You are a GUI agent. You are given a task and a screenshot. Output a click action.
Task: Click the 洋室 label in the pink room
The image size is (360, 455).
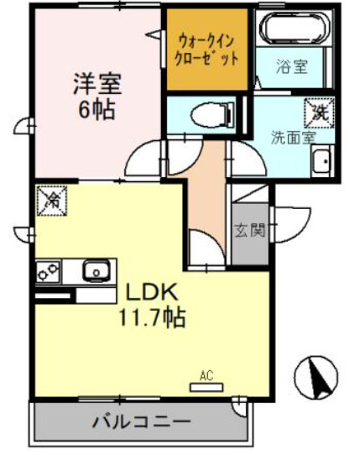tap(97, 84)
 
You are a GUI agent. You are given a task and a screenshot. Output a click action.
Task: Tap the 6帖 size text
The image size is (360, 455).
tap(97, 109)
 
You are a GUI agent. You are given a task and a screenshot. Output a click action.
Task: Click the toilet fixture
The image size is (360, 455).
tap(205, 113)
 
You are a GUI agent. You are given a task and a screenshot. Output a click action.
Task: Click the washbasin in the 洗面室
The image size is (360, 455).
tap(321, 162)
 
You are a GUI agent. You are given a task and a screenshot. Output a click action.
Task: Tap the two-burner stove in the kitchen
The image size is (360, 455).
tap(49, 272)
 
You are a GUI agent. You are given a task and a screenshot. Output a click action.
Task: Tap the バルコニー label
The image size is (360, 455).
tap(141, 421)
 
